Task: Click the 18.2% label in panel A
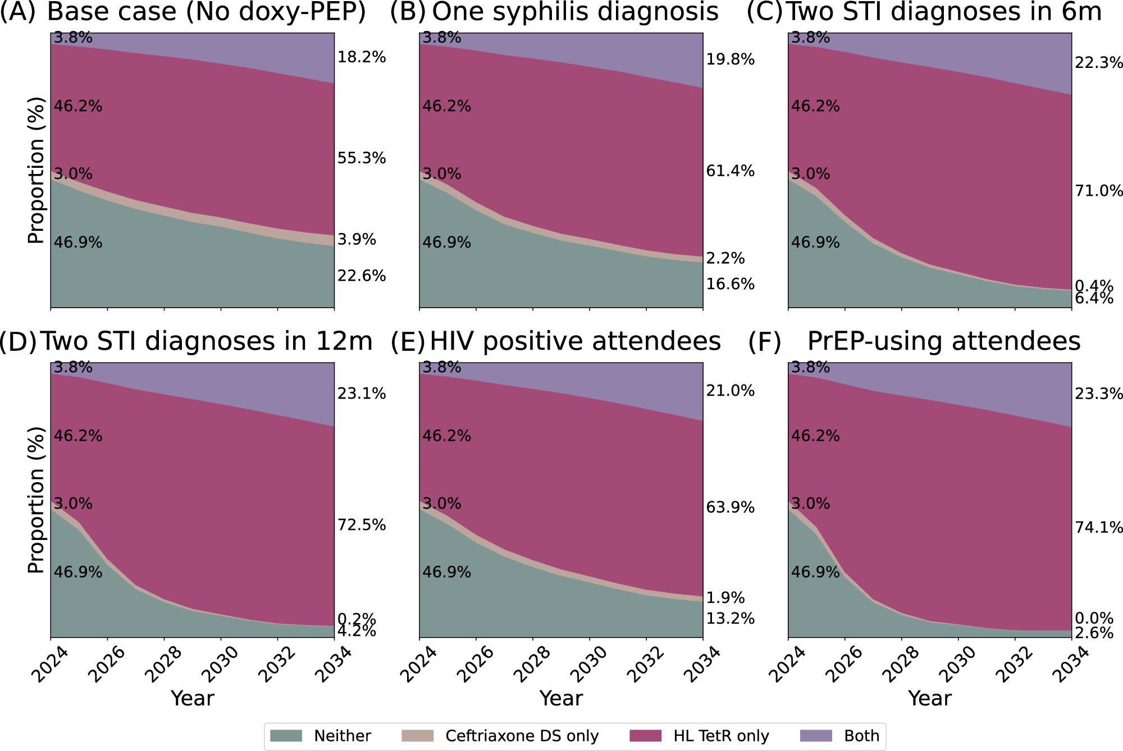point(362,57)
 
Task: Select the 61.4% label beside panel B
point(730,171)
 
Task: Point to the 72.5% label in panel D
point(362,525)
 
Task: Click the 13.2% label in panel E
point(730,619)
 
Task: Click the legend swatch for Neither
point(286,736)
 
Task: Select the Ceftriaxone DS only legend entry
point(522,736)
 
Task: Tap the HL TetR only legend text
point(721,736)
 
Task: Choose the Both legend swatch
point(815,736)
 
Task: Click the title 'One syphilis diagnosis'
point(575,12)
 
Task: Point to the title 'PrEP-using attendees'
point(943,341)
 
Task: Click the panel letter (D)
point(18,341)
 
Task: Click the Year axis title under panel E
point(561,698)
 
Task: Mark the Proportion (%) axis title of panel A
point(36,170)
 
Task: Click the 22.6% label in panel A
point(362,276)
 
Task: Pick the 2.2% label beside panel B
point(725,258)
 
